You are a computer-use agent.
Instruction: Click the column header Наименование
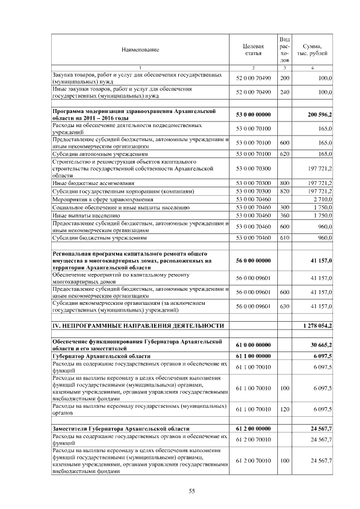pyautogui.click(x=140, y=50)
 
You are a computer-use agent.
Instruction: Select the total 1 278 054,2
pyautogui.click(x=317, y=326)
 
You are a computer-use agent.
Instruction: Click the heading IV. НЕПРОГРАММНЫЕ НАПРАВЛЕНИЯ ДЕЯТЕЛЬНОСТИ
pyautogui.click(x=134, y=326)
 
